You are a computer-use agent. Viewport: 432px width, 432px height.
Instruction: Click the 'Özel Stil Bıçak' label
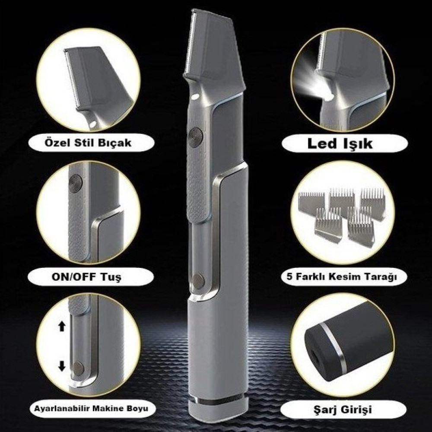[88, 143]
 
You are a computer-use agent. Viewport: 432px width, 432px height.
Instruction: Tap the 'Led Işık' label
[340, 143]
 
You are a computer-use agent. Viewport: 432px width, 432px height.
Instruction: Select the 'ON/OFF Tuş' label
[86, 277]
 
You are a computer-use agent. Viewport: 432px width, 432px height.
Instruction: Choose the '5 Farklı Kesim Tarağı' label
[342, 276]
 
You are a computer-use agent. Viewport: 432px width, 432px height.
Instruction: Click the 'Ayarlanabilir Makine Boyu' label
[91, 408]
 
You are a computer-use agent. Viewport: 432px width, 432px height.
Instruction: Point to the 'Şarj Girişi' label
[343, 410]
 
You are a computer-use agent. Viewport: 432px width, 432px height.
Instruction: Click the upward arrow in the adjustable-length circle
[62, 326]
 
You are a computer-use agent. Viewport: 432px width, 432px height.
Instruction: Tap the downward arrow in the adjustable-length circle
[62, 366]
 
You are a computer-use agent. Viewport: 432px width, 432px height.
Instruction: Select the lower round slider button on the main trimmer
[198, 281]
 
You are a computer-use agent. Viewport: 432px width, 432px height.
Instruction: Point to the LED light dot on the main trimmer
[196, 96]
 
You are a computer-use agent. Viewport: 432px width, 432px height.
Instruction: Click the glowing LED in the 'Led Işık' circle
[328, 97]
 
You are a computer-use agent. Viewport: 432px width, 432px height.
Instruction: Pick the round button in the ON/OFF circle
[76, 183]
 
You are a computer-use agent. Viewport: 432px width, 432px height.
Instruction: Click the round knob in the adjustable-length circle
[78, 368]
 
